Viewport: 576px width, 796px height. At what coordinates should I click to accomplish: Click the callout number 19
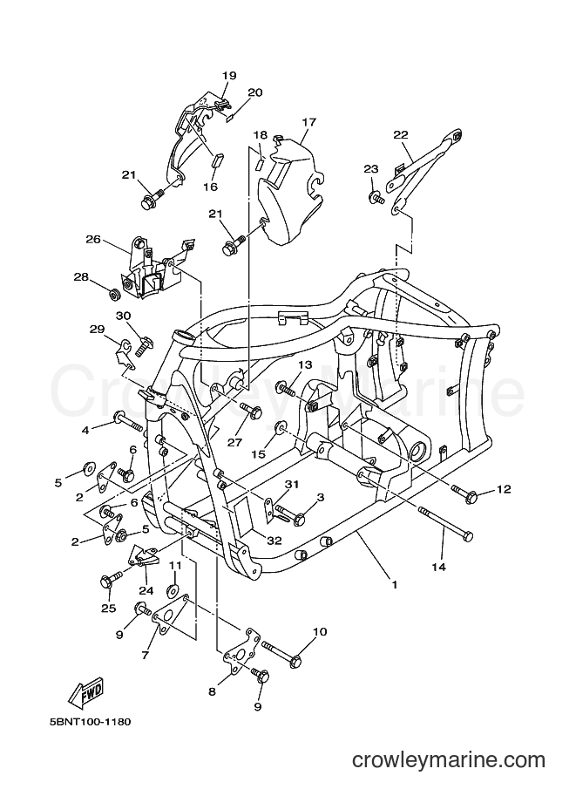point(229,76)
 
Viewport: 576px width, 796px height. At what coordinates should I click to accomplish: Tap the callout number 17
point(309,122)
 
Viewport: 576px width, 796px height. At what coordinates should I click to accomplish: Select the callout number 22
point(400,134)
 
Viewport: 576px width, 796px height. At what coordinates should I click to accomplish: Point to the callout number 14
point(439,567)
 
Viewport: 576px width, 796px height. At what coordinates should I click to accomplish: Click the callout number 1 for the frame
point(395,585)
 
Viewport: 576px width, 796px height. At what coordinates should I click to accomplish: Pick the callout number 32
point(274,541)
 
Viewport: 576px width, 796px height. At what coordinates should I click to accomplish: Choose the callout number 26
point(94,240)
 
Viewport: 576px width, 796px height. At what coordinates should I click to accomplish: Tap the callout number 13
point(305,365)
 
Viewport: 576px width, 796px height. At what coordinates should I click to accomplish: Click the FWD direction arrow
point(86,692)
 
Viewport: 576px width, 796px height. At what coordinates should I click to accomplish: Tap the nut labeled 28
point(115,294)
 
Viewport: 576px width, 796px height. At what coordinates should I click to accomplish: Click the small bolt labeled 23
point(376,198)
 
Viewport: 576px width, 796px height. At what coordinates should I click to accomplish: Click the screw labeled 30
point(143,344)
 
